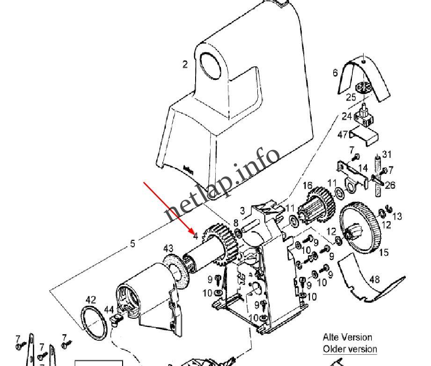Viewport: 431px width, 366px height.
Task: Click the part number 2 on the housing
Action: tap(185, 65)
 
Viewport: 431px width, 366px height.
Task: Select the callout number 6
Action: tap(335, 72)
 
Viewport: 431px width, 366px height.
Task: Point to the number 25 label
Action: tap(351, 98)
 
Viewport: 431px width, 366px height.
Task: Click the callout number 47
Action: tap(343, 135)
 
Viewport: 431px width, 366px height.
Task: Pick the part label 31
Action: tap(387, 154)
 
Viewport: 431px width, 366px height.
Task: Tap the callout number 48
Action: tap(374, 280)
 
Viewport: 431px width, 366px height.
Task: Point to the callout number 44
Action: tap(109, 309)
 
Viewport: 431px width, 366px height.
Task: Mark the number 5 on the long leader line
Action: tap(132, 244)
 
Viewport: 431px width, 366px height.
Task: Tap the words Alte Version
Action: tap(347, 337)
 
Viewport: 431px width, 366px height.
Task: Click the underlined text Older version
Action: tap(350, 349)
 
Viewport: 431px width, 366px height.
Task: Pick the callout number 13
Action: tap(397, 216)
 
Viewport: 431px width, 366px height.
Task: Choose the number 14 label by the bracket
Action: tap(363, 168)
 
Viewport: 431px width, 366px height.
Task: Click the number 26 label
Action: tap(390, 185)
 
